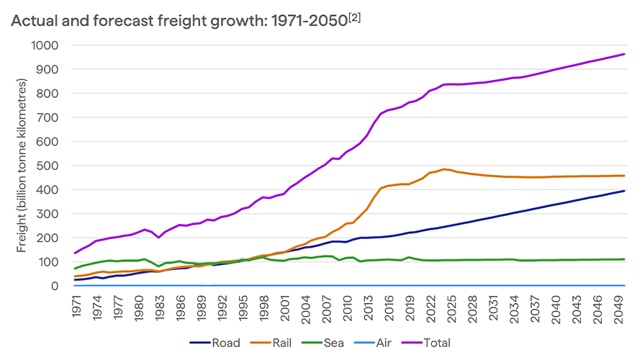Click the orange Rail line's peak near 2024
444,169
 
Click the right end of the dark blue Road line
623,191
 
